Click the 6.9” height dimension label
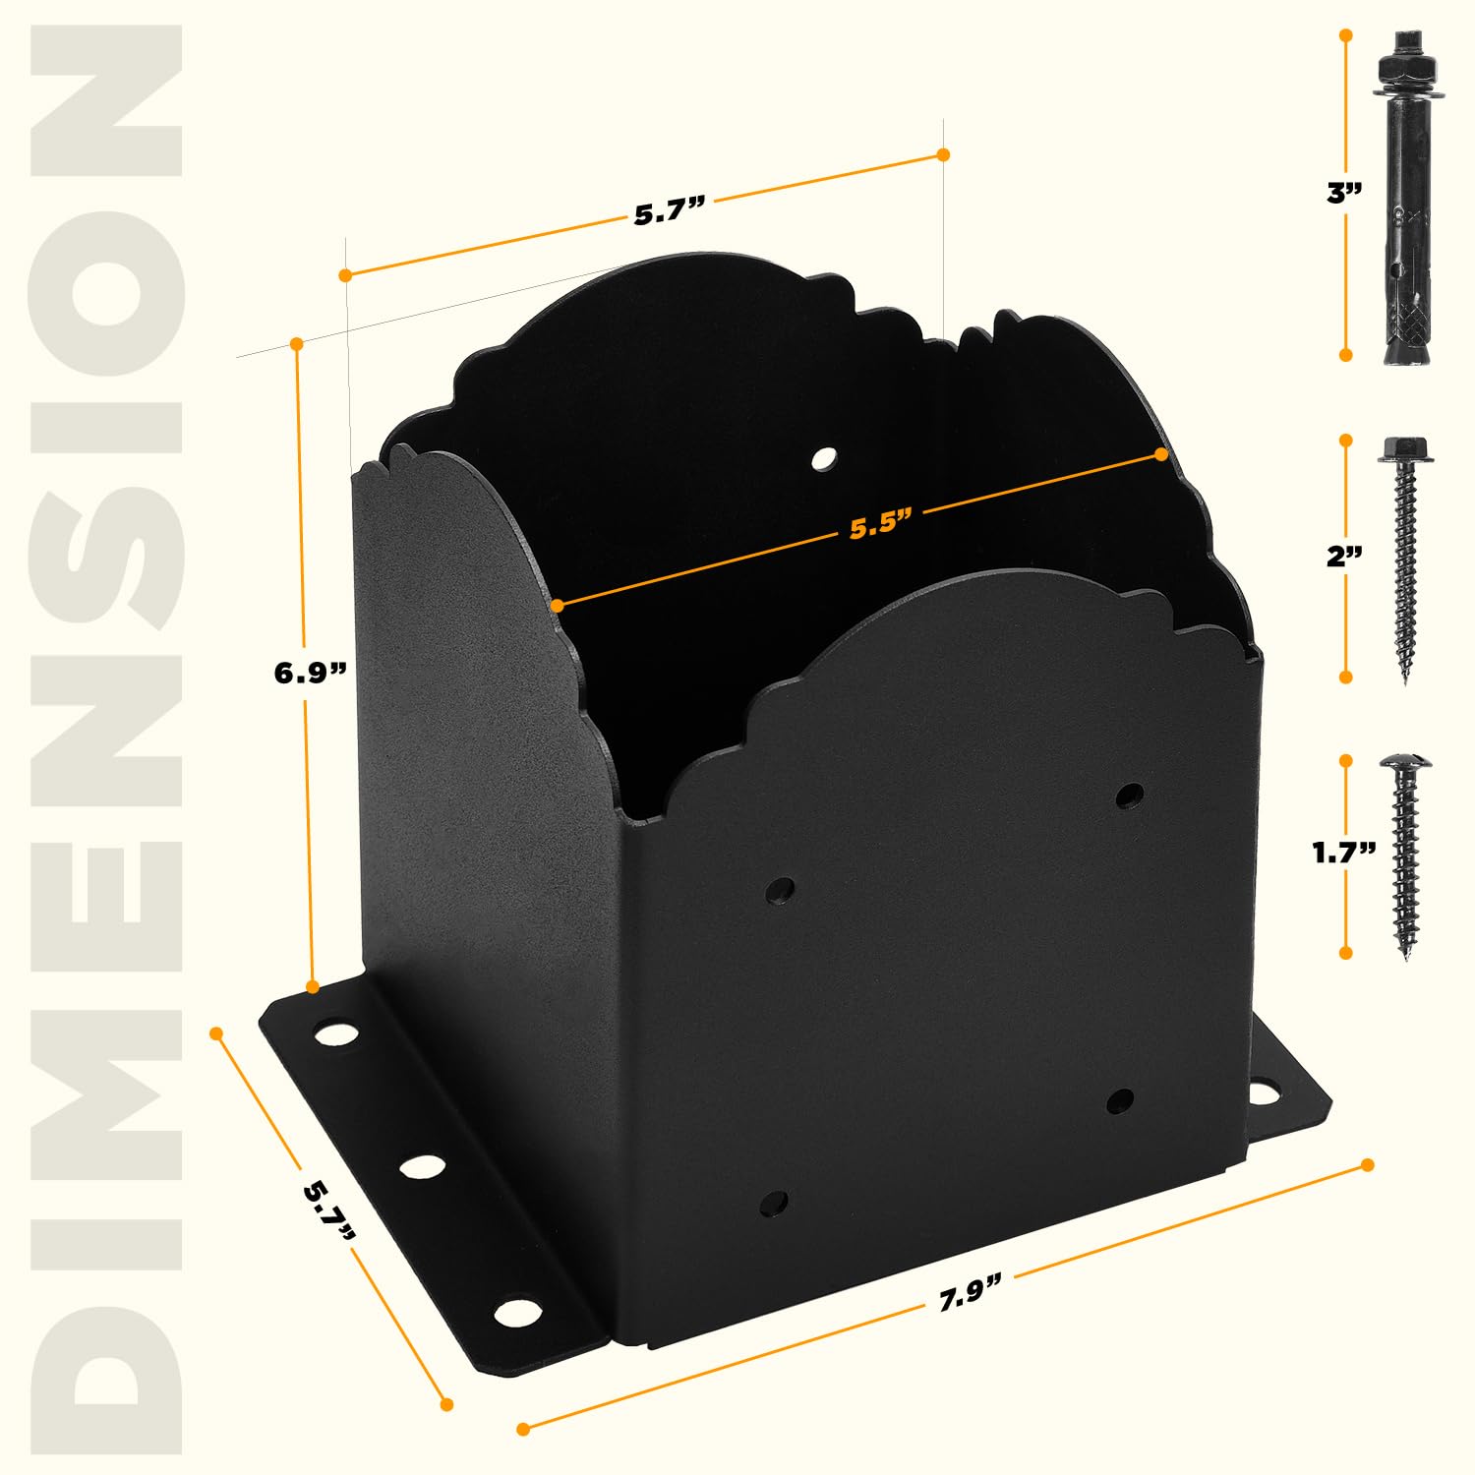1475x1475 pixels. (x=310, y=674)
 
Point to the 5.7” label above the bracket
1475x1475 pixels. (x=669, y=211)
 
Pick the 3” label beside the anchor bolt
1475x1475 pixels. (x=1343, y=193)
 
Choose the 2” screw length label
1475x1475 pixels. (x=1344, y=557)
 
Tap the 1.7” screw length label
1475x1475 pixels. (x=1343, y=853)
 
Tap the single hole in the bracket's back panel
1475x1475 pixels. (x=824, y=458)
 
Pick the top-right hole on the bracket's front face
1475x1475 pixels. (x=1131, y=795)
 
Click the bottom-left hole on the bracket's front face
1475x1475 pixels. (x=775, y=1202)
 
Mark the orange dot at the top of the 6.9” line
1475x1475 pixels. (x=296, y=343)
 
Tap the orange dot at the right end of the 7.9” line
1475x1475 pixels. (x=1367, y=1164)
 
